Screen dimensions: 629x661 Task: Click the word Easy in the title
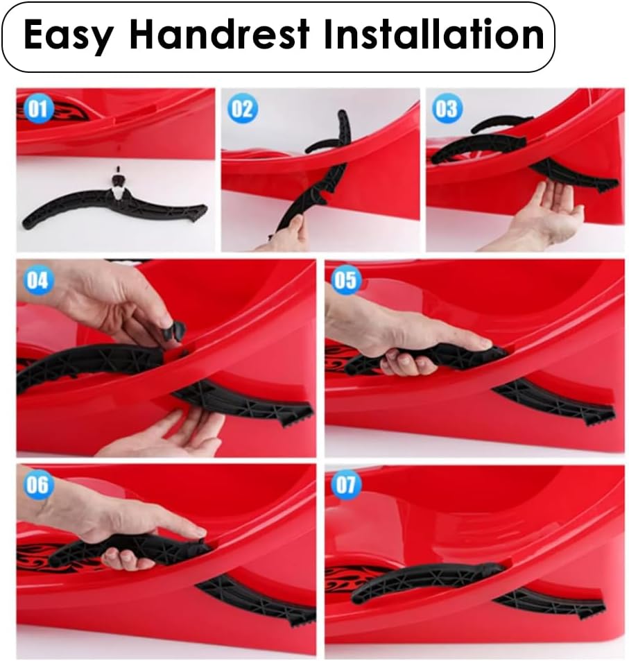click(x=69, y=36)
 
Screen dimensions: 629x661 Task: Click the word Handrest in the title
click(x=219, y=34)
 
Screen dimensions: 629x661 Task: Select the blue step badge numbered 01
click(x=38, y=108)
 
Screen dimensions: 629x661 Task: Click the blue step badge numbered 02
click(x=243, y=109)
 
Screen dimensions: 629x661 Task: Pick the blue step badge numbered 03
click(x=447, y=108)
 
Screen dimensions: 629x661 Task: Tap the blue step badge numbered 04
click(x=38, y=280)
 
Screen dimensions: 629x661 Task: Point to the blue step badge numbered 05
click(x=345, y=280)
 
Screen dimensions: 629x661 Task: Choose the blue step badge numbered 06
click(x=38, y=485)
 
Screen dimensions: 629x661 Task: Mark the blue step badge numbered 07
click(x=345, y=485)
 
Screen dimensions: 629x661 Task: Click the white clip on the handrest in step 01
click(x=120, y=192)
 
